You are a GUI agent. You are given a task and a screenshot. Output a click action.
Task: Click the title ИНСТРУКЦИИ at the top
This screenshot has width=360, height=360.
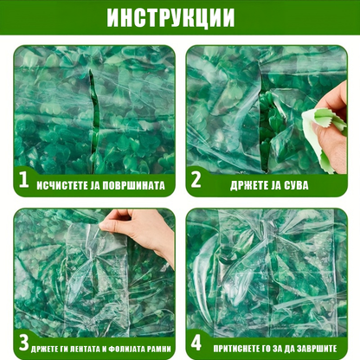179,17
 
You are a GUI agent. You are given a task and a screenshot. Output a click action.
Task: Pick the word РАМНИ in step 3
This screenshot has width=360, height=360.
161,347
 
